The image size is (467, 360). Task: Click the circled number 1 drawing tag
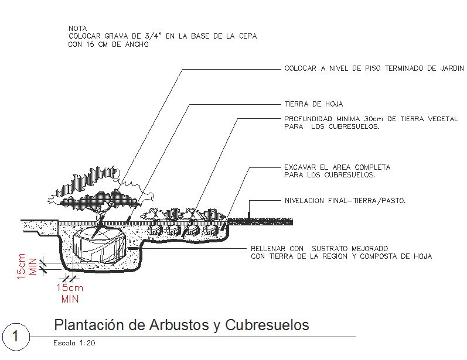(x=16, y=337)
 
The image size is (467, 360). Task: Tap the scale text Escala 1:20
(x=74, y=344)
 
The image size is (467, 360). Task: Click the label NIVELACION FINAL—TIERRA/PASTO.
(x=345, y=201)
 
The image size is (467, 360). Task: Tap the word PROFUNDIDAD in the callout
(x=312, y=119)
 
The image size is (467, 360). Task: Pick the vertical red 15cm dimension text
(x=22, y=266)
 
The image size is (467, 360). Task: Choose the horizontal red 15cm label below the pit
(x=70, y=288)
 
